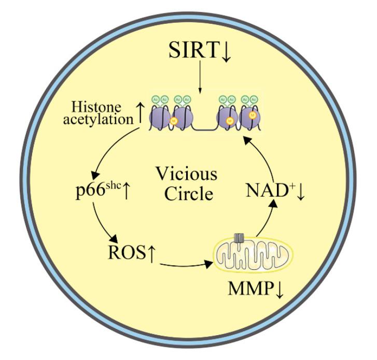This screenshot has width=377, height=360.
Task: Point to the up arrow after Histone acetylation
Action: pos(139,114)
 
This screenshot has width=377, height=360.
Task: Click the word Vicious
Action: pos(188,172)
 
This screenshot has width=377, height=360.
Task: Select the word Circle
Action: pos(187,194)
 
